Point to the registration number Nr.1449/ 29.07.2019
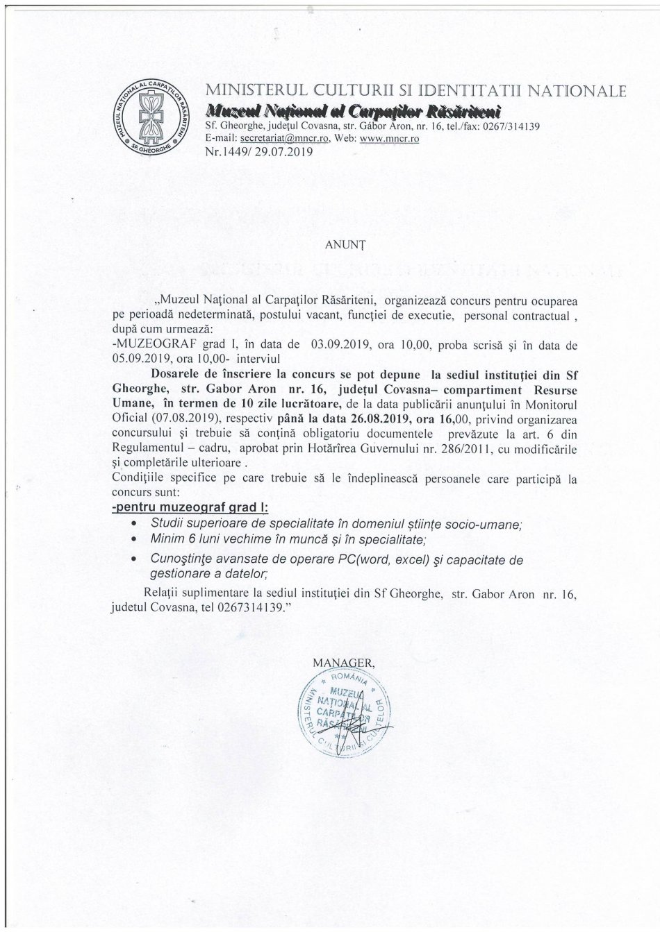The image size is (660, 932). tap(249, 151)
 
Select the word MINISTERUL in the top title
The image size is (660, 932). tap(248, 92)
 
